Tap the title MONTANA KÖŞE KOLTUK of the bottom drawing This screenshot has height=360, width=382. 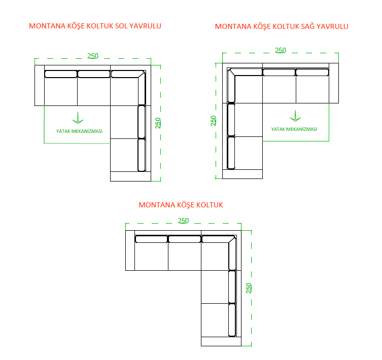tap(181, 205)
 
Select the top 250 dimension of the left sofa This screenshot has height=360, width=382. tap(93, 56)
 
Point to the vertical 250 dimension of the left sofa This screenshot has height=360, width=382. tap(158, 123)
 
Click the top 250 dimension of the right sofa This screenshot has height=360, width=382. tap(281, 50)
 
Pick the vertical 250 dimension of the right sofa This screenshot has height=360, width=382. tap(213, 121)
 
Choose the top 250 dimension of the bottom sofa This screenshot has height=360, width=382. tap(183, 221)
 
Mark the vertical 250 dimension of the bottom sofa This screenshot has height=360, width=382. tap(249, 288)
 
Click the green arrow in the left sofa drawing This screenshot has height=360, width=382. tap(78, 118)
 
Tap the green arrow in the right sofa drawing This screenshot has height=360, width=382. tap(295, 116)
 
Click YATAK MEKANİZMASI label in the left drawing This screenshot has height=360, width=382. tap(79, 131)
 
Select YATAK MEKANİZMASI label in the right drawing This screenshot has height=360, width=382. tap(294, 129)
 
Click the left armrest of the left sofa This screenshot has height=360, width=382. tap(40, 85)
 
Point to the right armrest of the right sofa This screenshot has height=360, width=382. tap(334, 83)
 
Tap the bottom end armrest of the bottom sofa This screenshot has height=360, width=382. tap(221, 341)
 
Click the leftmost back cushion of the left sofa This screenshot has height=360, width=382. tap(61, 74)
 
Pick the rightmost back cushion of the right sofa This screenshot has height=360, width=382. tap(312, 73)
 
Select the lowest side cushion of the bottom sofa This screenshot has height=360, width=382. tap(232, 320)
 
